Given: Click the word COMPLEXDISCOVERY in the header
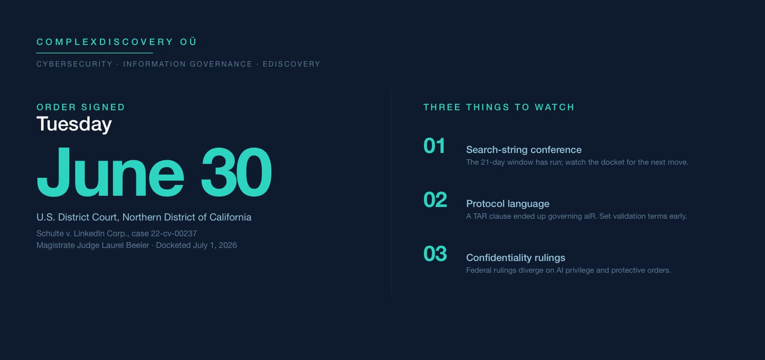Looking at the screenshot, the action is click(x=105, y=42).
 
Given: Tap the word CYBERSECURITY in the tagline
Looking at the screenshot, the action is click(x=74, y=64).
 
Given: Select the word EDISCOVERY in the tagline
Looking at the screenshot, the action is click(x=291, y=64).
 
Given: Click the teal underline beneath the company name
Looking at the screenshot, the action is click(x=94, y=53).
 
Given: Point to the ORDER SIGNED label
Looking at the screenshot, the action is click(x=81, y=107).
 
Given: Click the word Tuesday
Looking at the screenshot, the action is click(x=74, y=124).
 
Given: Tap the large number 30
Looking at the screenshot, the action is click(x=236, y=172).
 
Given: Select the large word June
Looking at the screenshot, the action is click(x=110, y=172).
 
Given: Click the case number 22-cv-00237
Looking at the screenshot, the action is click(x=174, y=234).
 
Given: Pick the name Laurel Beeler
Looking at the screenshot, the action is click(x=126, y=245).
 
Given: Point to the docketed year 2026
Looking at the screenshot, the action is click(x=228, y=245).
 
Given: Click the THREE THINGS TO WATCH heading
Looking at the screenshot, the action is click(x=499, y=107).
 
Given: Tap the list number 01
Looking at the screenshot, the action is click(x=434, y=146).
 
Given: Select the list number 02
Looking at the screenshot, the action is click(x=435, y=200).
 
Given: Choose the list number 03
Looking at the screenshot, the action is click(x=435, y=254).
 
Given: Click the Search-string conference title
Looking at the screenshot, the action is click(x=524, y=150).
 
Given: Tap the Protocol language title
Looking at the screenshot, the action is click(x=508, y=204).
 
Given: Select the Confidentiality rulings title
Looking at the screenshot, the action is click(x=516, y=258).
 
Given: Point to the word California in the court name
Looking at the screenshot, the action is click(x=230, y=217).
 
